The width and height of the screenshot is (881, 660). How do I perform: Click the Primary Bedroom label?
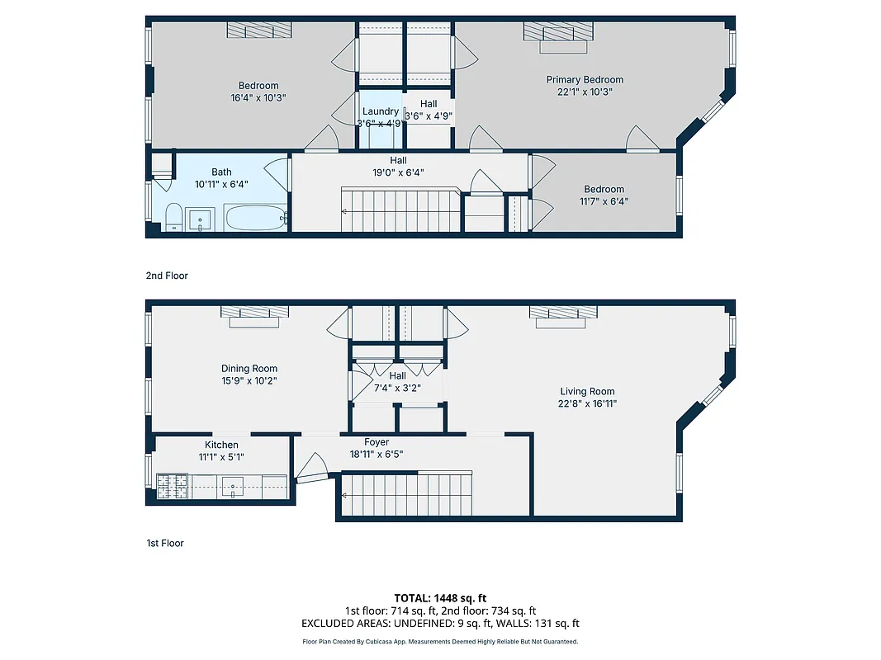click(x=585, y=80)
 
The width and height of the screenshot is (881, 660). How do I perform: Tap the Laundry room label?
click(x=380, y=111)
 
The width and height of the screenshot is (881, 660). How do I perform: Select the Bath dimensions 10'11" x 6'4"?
click(x=220, y=185)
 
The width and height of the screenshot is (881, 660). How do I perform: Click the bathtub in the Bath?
click(x=255, y=219)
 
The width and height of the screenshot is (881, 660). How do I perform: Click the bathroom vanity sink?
click(x=201, y=220)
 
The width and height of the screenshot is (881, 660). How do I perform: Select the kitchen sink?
click(x=234, y=487)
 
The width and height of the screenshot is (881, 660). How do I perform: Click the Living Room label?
click(x=587, y=392)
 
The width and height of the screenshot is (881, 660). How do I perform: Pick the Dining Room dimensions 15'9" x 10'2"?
click(x=249, y=381)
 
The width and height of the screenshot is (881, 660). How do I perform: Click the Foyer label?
click(x=377, y=442)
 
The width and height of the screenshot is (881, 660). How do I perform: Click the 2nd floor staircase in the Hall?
click(x=400, y=210)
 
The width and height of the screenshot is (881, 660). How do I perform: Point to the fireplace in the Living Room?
click(x=562, y=314)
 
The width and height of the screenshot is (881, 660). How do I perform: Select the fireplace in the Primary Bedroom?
click(x=559, y=33)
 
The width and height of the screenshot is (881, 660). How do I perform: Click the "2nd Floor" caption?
click(x=167, y=276)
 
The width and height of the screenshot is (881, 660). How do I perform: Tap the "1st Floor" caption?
click(x=165, y=543)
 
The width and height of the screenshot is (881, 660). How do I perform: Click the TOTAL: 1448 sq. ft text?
click(x=440, y=597)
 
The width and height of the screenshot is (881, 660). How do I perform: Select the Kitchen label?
click(x=221, y=445)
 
